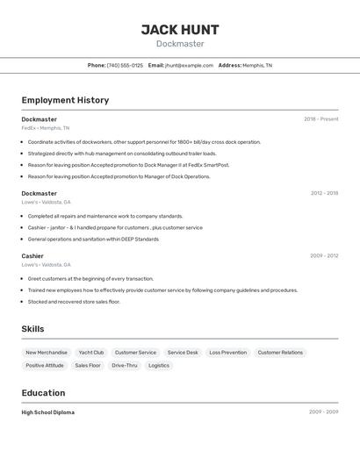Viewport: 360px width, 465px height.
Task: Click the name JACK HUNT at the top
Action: (x=180, y=30)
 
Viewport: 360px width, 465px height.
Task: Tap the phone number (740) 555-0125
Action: (x=125, y=65)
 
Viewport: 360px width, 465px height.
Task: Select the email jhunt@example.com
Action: (x=189, y=65)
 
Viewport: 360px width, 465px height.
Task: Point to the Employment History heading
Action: (x=65, y=100)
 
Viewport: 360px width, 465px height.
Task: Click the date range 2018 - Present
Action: (x=321, y=119)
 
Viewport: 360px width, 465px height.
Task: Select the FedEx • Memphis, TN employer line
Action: (x=45, y=128)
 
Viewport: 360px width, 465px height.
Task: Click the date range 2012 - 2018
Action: (x=324, y=193)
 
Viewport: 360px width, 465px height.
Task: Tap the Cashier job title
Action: (x=32, y=256)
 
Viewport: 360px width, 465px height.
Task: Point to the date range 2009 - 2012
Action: (x=324, y=256)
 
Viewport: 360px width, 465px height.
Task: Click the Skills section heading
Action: (x=32, y=329)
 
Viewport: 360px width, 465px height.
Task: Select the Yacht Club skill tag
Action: (x=91, y=353)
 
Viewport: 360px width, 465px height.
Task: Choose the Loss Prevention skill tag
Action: (x=227, y=353)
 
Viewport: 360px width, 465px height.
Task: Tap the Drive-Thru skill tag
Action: (x=124, y=365)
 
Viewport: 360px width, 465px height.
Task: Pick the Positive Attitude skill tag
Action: (x=45, y=365)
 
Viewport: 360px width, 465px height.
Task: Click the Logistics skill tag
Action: (x=159, y=365)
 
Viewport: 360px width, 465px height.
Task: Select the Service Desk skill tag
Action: (x=183, y=353)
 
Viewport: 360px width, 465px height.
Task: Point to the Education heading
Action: (x=43, y=393)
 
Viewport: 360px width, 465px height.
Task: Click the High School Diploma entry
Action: (x=47, y=412)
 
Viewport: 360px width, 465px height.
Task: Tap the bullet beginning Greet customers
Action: (x=90, y=279)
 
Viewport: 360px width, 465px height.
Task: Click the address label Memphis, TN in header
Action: (x=257, y=65)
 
